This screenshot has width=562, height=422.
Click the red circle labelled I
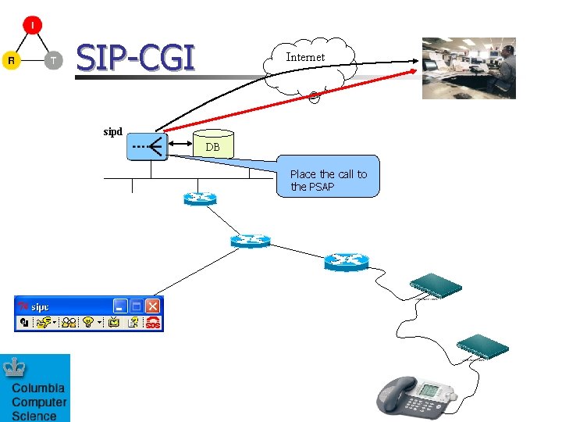tap(32, 25)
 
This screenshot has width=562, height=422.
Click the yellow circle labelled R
tap(11, 60)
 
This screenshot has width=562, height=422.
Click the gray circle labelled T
tap(53, 60)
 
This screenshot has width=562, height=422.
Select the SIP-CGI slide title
tap(135, 58)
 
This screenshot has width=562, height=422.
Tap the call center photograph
tap(468, 68)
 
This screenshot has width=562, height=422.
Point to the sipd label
tap(113, 131)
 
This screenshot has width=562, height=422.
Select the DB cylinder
tap(212, 143)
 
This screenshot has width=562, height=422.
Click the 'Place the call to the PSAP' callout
tap(329, 181)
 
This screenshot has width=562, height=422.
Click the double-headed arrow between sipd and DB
tap(182, 144)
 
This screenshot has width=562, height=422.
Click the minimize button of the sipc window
tap(121, 306)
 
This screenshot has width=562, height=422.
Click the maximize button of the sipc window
tap(137, 306)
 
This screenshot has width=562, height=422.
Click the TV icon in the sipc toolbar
tap(114, 322)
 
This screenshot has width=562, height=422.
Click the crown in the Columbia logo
tap(15, 367)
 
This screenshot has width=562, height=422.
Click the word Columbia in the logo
tap(38, 388)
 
